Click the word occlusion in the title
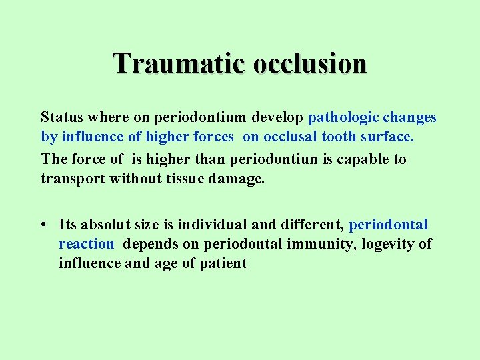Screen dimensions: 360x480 pos(310,64)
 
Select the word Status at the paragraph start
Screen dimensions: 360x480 pos(62,118)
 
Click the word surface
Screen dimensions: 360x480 pos(388,137)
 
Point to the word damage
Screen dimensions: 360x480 pos(237,179)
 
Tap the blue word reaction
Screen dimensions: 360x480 pos(86,244)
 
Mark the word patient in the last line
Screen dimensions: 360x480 pos(224,263)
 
